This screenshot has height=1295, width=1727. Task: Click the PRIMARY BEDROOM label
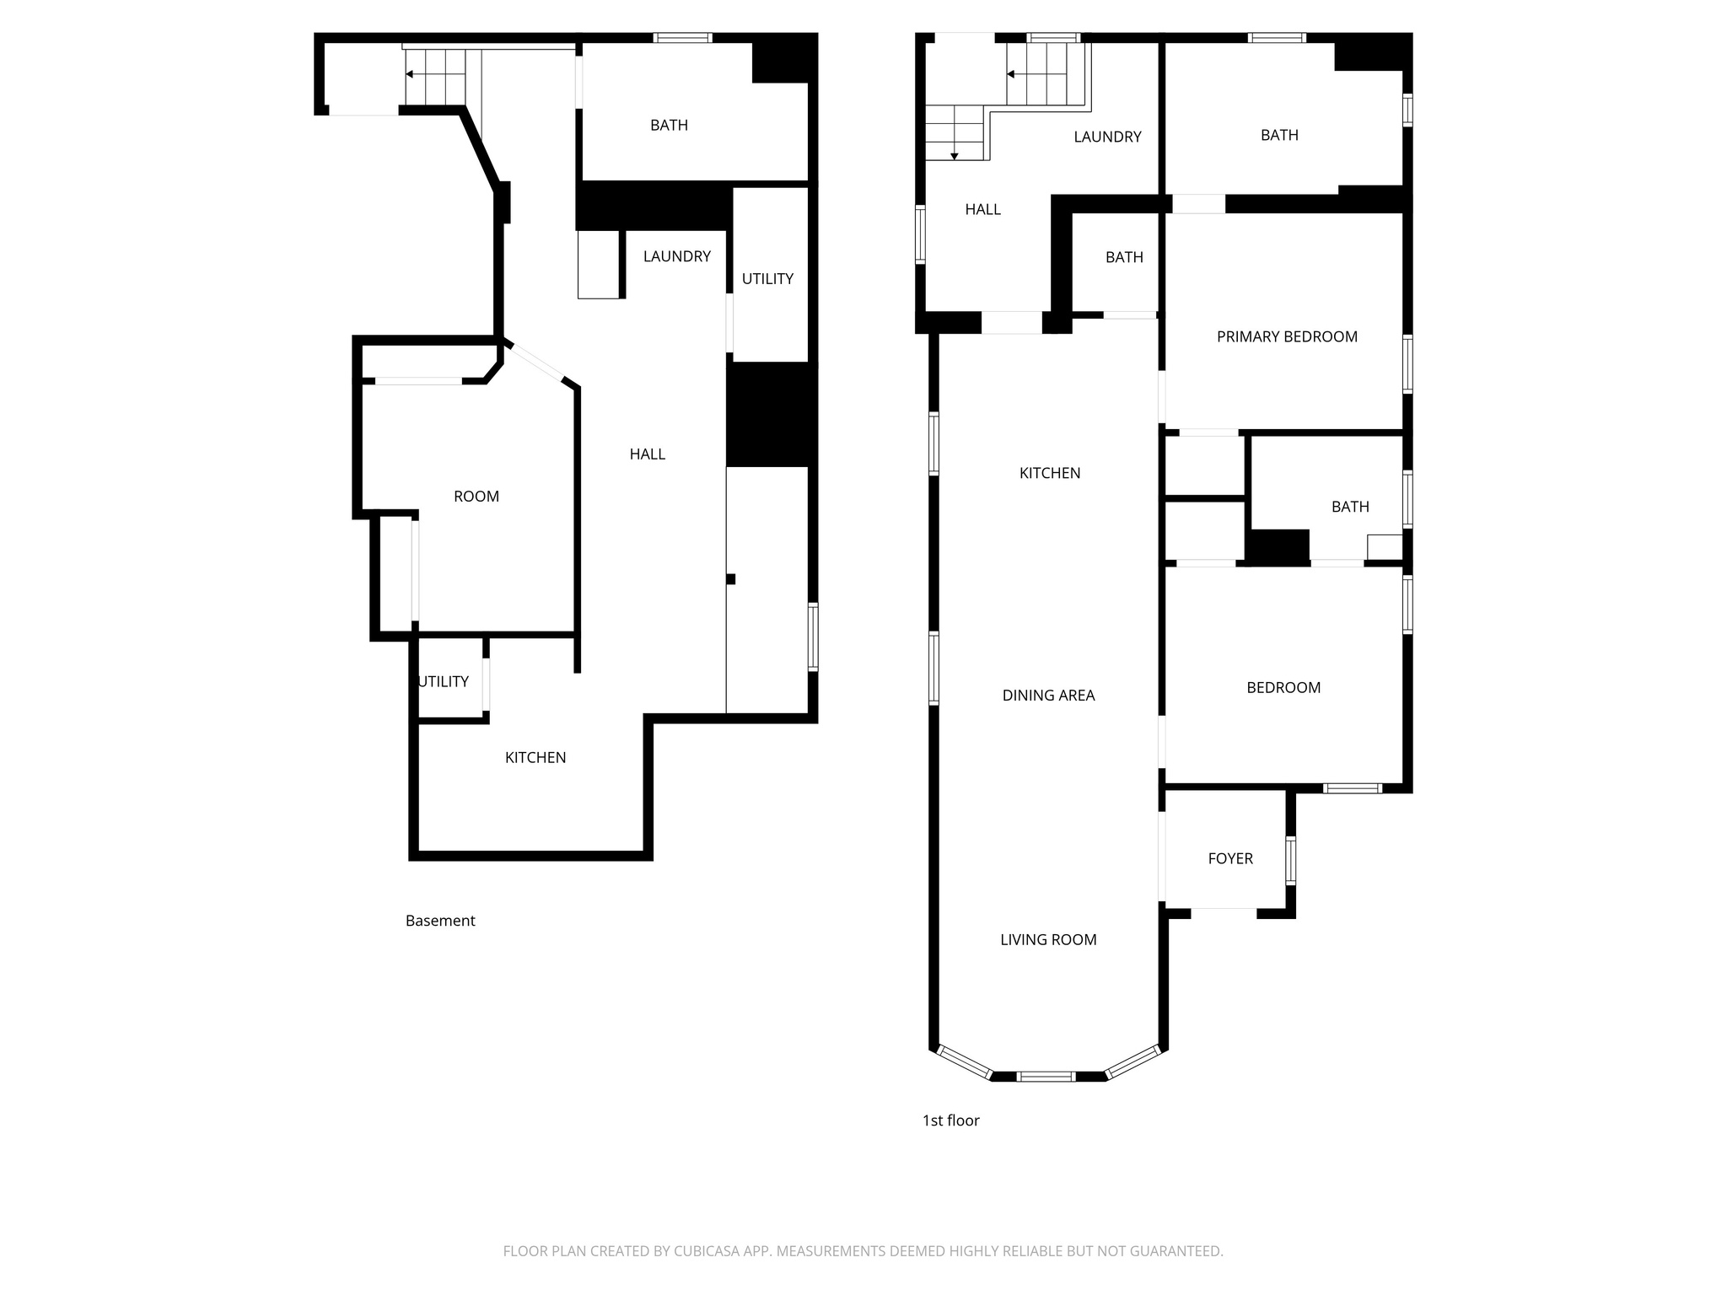1287,337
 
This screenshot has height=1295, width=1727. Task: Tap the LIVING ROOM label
1048,940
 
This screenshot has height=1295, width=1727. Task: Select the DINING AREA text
1048,696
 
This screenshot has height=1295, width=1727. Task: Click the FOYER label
1230,859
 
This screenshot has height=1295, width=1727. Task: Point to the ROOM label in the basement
476,497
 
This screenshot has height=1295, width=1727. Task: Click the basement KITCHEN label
535,758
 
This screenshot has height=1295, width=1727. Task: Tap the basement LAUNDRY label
676,256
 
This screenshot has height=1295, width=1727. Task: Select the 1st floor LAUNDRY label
1107,137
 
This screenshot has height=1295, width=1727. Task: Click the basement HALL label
648,454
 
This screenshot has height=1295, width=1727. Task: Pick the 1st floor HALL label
982,210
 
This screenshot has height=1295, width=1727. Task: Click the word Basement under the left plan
440,922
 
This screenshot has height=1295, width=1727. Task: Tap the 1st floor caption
950,1120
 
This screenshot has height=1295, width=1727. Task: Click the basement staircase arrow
410,74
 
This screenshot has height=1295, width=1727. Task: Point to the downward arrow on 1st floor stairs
955,155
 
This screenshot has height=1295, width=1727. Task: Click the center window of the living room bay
1046,1077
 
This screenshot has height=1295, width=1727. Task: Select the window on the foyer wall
1290,860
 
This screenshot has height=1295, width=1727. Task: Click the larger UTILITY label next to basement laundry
767,279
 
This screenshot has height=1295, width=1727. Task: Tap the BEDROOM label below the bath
1283,688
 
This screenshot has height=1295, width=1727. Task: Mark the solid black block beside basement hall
771,415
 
